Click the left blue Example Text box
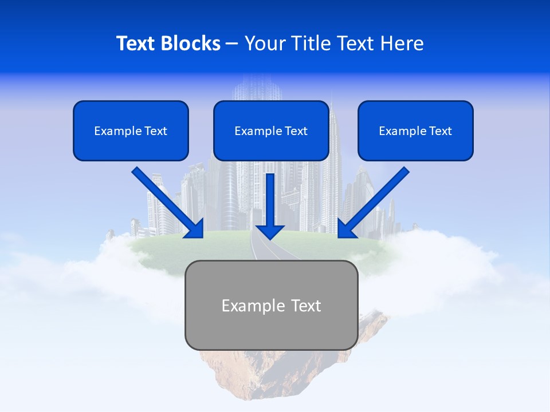[131, 131]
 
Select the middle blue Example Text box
[271, 131]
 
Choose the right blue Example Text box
[415, 131]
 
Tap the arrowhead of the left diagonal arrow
[195, 229]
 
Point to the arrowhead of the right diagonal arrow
[346, 229]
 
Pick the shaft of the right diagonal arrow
[381, 195]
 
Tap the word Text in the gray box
[305, 306]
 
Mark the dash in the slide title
[232, 44]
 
